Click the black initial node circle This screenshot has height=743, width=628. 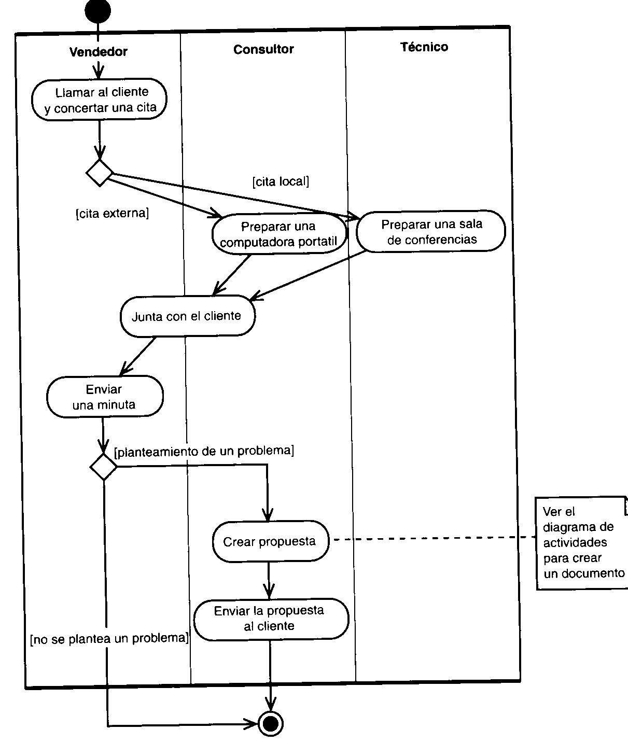[97, 11]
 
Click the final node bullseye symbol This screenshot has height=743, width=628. [270, 723]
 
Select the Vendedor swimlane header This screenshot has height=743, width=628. [99, 52]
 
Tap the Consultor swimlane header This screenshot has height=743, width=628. [263, 49]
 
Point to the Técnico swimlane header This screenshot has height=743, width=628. [424, 47]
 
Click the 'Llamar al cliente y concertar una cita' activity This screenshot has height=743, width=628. [100, 100]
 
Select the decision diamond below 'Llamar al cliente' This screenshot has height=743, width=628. [99, 173]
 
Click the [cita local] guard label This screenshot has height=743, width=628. [281, 181]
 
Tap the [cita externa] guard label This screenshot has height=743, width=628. [113, 214]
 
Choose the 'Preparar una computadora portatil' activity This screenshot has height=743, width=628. [279, 234]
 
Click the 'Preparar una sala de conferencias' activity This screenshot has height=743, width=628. [431, 232]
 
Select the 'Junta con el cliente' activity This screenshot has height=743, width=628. [187, 316]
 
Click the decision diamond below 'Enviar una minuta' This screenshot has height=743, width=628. [104, 467]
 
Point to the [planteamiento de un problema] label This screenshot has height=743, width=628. [204, 451]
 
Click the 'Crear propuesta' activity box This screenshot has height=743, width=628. [270, 542]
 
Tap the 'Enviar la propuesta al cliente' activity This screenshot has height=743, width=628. [270, 619]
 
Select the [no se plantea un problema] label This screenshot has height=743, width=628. [109, 639]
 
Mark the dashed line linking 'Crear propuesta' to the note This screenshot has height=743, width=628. [433, 539]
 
